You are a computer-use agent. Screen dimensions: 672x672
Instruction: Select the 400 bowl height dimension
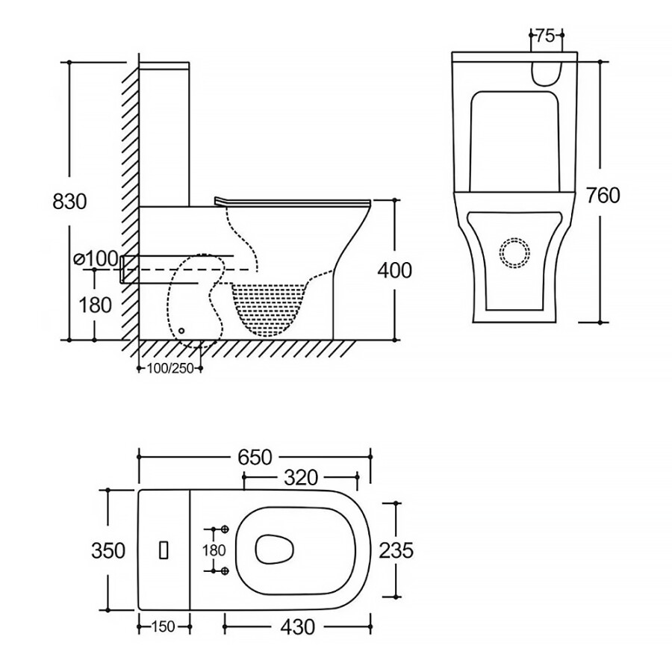[x=395, y=270]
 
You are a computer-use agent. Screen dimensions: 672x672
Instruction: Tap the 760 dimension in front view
[x=603, y=195]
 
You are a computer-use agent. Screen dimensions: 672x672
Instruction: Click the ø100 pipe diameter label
[x=96, y=258]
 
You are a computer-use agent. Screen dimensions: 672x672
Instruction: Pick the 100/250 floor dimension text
[x=169, y=369]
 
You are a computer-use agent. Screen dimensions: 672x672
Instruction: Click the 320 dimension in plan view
[x=300, y=476]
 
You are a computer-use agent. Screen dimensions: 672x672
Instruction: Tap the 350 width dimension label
[x=108, y=550]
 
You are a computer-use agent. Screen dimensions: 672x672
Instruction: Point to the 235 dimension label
[x=396, y=550]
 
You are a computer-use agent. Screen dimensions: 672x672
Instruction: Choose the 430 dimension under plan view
[x=297, y=626]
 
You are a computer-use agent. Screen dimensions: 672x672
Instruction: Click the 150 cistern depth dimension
[x=162, y=626]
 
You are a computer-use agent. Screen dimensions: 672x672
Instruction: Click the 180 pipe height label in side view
[x=96, y=305]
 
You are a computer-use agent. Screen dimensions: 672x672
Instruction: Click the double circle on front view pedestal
[x=514, y=252]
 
